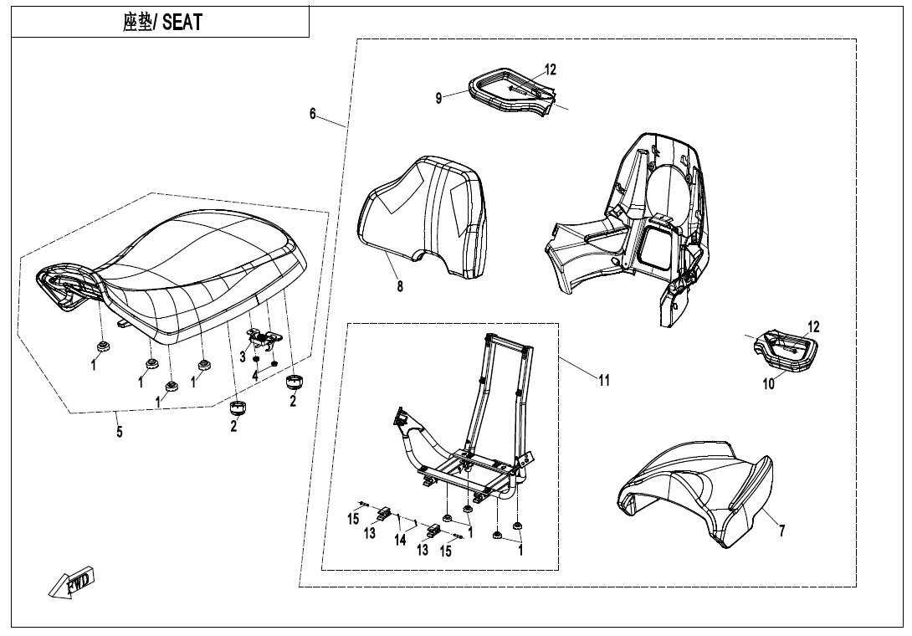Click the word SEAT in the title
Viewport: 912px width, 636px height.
pos(182,23)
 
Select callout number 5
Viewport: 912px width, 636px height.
pos(120,432)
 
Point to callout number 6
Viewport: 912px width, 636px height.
pos(313,114)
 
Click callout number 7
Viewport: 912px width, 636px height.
pos(781,531)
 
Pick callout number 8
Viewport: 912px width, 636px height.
pos(400,286)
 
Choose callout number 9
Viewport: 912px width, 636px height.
pos(438,98)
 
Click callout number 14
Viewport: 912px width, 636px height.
pos(401,540)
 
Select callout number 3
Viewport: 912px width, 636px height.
pos(243,357)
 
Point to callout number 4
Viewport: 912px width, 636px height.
pos(255,376)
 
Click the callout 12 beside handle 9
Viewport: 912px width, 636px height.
pos(550,69)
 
